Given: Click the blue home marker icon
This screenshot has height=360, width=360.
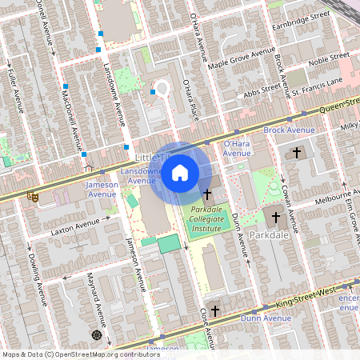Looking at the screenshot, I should click(x=180, y=173).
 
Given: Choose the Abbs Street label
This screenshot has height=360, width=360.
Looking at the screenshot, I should click(x=262, y=90).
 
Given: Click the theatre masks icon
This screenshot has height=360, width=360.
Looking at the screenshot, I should click(x=33, y=194).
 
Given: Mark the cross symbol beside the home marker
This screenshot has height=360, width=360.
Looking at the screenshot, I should click(x=207, y=194).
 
